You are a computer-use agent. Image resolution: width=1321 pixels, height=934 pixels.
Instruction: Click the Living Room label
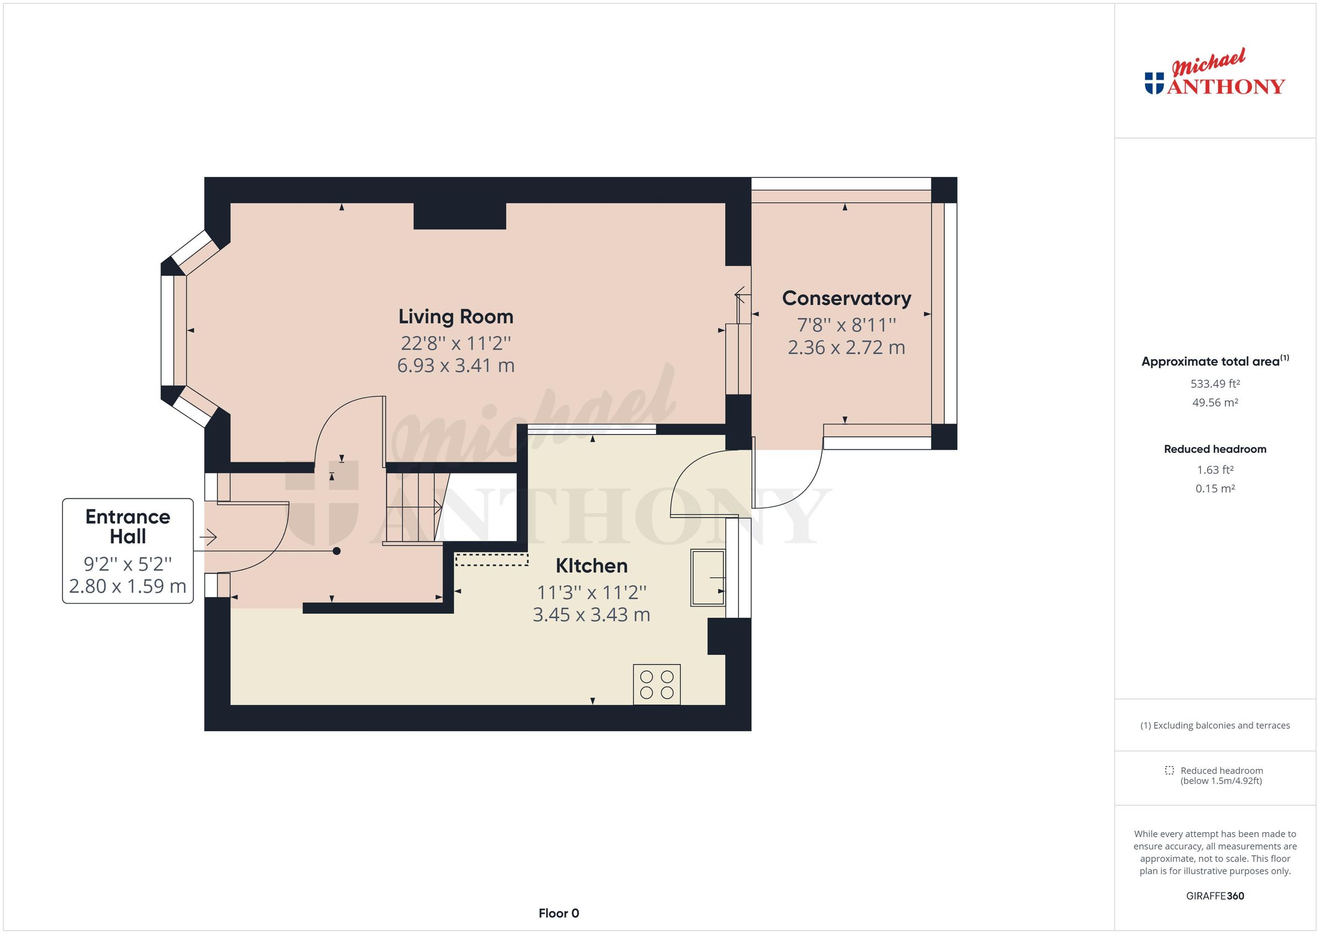(456, 317)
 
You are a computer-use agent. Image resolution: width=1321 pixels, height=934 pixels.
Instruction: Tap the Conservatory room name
(847, 299)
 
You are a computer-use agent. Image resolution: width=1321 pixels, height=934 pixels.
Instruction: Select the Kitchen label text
(592, 566)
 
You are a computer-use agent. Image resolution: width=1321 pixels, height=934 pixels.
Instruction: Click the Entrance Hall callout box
(128, 551)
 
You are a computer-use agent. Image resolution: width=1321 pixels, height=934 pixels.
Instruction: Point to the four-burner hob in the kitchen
(657, 684)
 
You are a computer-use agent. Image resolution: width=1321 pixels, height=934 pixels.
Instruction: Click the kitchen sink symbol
(708, 578)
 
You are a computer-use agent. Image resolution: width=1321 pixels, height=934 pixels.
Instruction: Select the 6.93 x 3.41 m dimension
(456, 366)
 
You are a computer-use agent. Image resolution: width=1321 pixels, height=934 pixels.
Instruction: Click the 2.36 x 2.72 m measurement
(847, 348)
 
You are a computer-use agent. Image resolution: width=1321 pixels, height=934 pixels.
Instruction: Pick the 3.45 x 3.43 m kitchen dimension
(592, 615)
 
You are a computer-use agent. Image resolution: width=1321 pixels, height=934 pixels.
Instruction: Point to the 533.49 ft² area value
(1215, 383)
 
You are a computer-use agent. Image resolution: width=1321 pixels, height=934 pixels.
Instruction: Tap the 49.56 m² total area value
(1215, 403)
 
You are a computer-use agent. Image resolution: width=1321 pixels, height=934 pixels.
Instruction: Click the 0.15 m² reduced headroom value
(1215, 489)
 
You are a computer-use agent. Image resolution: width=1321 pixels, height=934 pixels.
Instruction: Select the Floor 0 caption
(559, 913)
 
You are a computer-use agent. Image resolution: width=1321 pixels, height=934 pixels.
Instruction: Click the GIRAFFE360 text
(1215, 895)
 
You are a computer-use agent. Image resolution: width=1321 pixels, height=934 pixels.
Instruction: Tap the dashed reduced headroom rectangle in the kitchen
(492, 559)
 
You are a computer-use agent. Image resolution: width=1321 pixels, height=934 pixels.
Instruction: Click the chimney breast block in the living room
(460, 216)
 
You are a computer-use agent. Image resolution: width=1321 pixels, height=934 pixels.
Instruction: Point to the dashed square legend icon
(1169, 770)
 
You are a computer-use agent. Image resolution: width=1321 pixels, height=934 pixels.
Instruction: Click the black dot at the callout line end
(337, 551)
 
